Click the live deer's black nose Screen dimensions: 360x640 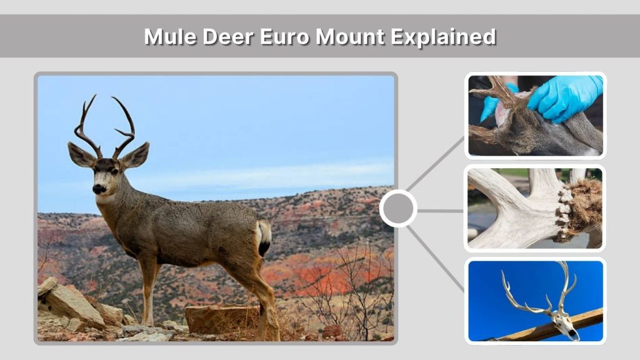[x=98, y=188]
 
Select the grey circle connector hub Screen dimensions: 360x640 [x=398, y=209]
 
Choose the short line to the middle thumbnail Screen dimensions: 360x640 [x=441, y=211]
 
